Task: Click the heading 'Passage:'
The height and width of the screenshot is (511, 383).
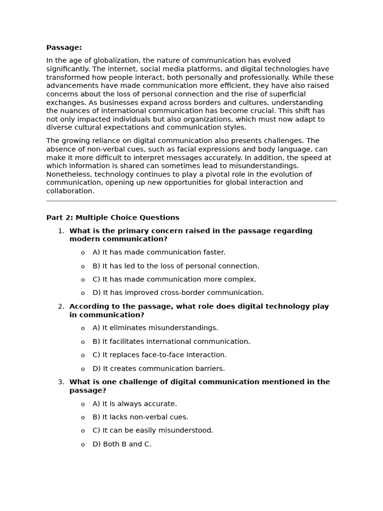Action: point(64,48)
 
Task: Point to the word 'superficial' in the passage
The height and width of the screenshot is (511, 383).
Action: point(286,94)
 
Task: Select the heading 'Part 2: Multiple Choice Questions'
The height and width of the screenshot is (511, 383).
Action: point(113,218)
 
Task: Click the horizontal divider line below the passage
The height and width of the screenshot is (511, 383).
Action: point(191,201)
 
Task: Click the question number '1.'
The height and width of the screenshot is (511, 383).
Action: point(61,231)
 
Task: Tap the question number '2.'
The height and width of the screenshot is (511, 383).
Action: point(61,306)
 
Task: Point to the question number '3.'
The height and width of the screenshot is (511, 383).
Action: point(61,382)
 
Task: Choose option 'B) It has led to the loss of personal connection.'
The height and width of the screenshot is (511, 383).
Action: point(176,266)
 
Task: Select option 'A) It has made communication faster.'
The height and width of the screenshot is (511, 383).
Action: point(159,253)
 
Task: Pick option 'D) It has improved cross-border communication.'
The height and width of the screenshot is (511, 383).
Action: point(178,293)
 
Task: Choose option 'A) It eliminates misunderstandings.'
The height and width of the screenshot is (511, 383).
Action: point(155,328)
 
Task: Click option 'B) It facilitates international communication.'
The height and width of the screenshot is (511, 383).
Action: point(171,342)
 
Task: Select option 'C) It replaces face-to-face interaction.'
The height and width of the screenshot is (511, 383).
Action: point(159,355)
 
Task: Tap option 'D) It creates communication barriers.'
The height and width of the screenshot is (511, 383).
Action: point(159,369)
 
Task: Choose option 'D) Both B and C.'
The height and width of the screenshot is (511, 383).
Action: point(122,444)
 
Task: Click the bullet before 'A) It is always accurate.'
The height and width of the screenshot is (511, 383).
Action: point(83,404)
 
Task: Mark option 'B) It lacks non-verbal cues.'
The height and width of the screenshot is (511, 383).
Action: point(140,417)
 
